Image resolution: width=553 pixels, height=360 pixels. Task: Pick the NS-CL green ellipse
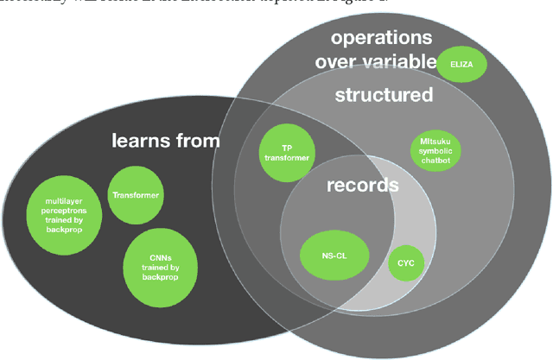click(334, 255)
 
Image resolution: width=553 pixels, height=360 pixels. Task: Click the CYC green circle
click(406, 262)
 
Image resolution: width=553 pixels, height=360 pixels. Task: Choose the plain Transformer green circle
click(136, 195)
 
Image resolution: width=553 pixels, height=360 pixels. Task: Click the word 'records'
click(362, 185)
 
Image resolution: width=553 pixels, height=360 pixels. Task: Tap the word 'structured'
click(384, 94)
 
